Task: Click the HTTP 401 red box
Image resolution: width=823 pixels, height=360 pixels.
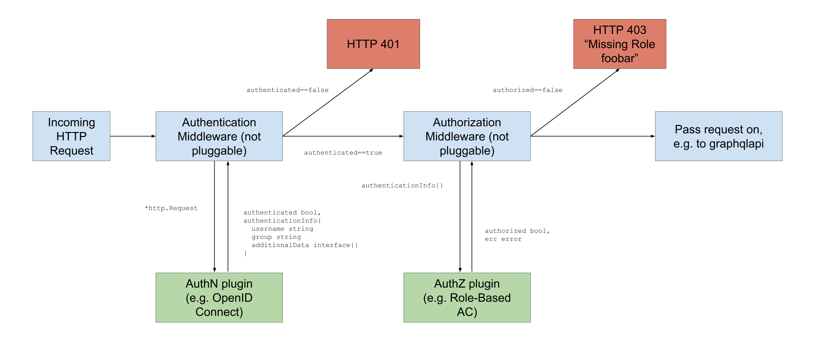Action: point(373,44)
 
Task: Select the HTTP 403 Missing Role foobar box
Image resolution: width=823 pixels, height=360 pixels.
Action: point(620,44)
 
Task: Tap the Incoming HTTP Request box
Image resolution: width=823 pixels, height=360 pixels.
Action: point(71,136)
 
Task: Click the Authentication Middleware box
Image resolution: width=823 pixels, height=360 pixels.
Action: point(219,136)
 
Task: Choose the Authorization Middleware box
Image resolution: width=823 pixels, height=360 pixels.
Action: point(467,136)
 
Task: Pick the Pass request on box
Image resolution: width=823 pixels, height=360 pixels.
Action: point(718,136)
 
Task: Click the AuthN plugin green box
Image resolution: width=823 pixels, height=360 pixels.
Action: point(219,297)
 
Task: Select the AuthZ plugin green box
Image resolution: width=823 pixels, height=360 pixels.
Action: point(467,297)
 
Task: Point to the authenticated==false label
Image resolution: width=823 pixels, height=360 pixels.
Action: point(287,90)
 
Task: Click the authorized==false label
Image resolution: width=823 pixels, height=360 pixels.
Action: point(527,90)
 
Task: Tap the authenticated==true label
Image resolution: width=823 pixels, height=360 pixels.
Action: point(343,152)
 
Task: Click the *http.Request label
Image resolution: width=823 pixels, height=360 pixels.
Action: point(171,208)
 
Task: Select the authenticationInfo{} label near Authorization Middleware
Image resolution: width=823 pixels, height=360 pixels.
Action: point(402,185)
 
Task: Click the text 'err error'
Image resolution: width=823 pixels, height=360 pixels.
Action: point(503,239)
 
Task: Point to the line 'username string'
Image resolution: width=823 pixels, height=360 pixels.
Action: point(282,229)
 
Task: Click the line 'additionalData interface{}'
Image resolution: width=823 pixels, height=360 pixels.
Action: point(305,245)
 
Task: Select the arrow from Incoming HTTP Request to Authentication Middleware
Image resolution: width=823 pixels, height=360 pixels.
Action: point(133,136)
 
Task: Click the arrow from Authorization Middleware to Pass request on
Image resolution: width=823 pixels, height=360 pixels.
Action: point(593,136)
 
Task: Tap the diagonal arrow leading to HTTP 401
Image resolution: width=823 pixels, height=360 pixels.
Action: point(328,102)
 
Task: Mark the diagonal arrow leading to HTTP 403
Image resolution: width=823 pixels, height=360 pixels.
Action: point(575,102)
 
